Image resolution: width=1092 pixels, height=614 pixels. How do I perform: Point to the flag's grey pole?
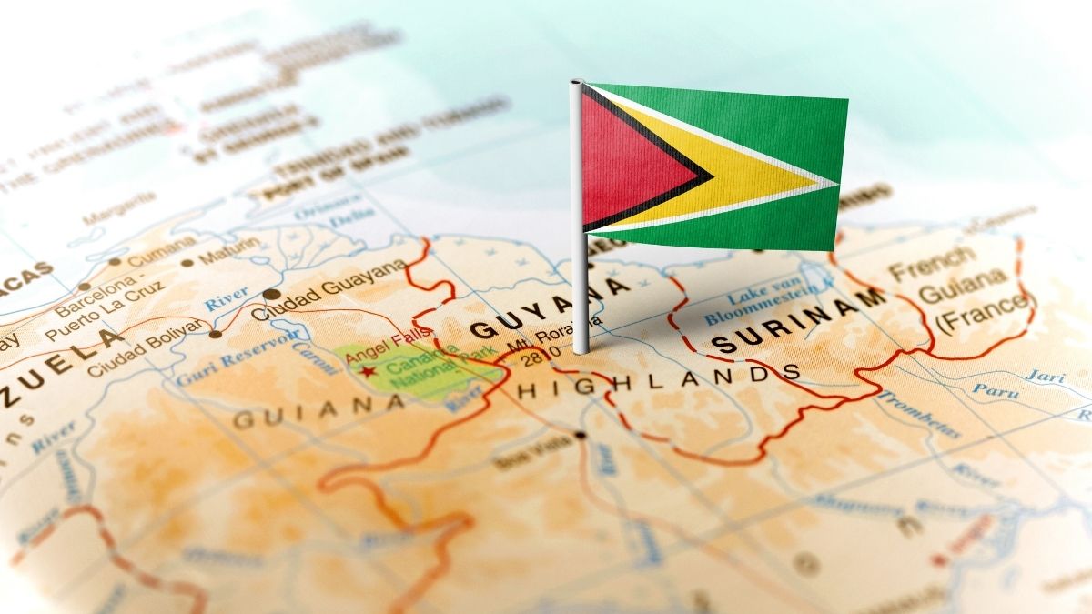(x=579, y=273)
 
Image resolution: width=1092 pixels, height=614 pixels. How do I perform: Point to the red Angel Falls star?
(x=368, y=371)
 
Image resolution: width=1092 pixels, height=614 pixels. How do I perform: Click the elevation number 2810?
(x=537, y=357)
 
